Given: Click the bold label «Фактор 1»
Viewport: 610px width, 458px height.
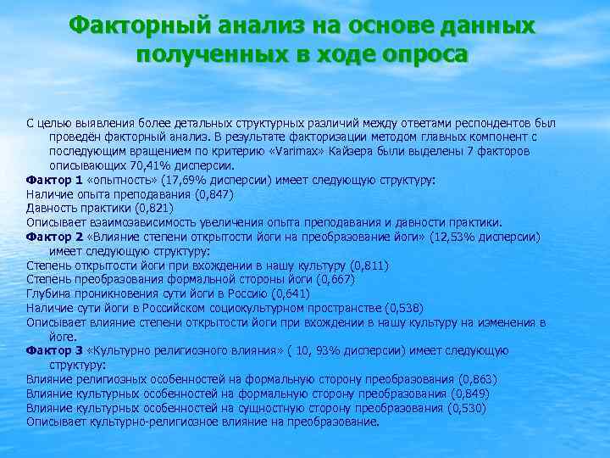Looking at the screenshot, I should point(54,180).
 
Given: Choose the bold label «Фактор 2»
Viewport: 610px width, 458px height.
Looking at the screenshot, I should point(54,237).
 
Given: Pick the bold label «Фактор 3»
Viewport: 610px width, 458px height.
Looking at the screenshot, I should point(54,350).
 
